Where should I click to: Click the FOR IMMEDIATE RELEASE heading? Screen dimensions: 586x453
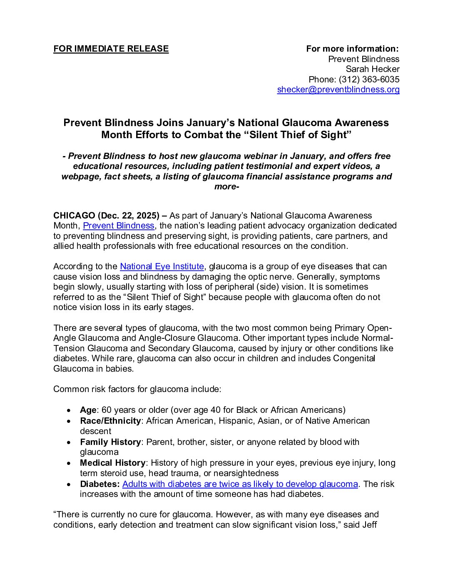[x=111, y=49]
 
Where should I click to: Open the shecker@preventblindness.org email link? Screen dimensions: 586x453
[x=338, y=89]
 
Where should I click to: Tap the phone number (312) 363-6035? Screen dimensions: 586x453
[x=369, y=79]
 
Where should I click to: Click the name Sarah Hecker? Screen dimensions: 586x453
[x=372, y=69]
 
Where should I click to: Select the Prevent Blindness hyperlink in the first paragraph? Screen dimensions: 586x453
[x=119, y=226]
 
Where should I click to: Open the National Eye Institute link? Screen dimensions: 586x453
[x=162, y=266]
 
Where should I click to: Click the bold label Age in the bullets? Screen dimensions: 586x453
[x=88, y=410]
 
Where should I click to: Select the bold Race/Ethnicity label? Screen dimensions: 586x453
[x=110, y=421]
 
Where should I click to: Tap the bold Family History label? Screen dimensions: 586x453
[x=110, y=442]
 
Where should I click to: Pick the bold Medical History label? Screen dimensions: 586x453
[x=112, y=463]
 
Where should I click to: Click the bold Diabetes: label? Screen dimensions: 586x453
[x=100, y=484]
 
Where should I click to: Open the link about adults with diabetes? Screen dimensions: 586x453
[x=240, y=484]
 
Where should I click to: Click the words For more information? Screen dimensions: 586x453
[x=352, y=49]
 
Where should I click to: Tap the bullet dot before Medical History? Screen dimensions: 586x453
[x=69, y=463]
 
